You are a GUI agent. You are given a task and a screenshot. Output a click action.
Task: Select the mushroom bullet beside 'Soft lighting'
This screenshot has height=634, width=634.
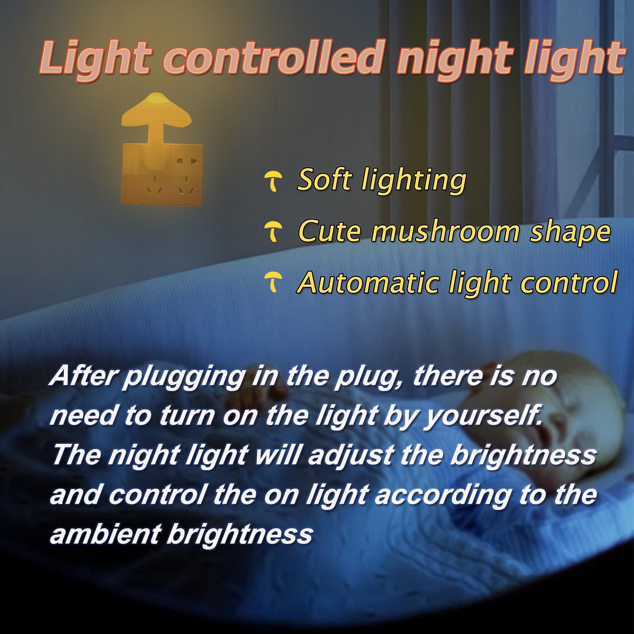coord(273,181)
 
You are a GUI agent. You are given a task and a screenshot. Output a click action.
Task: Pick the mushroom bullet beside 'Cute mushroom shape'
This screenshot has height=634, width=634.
coord(273,231)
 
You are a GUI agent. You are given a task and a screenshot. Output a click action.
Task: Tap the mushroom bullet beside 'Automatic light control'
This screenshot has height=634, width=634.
coord(273,282)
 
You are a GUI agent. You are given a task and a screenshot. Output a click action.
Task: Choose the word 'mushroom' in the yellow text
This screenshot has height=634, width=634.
coord(444,231)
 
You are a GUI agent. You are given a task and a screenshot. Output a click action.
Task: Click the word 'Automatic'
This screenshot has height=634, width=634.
coord(367,283)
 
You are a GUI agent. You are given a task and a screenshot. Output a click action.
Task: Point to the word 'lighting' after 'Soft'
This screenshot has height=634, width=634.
coord(414,181)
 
